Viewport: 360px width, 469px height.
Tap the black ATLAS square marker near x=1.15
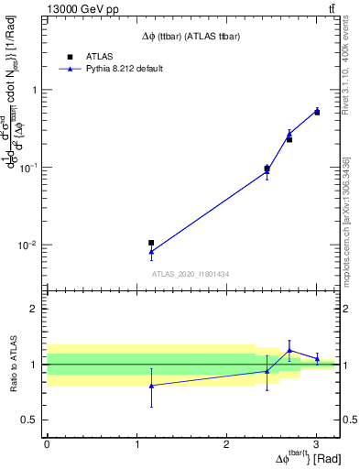click(151, 243)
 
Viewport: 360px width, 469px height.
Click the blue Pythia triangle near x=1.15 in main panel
click(151, 252)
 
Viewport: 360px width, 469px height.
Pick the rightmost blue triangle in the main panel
click(317, 111)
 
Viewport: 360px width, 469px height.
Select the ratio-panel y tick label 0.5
click(31, 420)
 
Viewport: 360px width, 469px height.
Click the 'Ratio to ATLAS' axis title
click(13, 364)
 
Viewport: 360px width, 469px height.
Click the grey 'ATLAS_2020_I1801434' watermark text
click(191, 274)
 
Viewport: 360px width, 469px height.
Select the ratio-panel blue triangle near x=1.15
click(151, 386)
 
